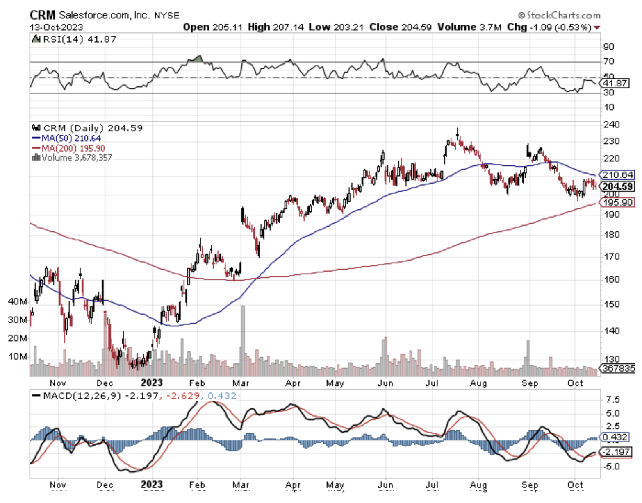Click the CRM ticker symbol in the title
tap(42, 15)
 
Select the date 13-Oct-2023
tap(56, 27)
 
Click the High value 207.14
tap(276, 27)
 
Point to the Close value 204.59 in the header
tap(401, 27)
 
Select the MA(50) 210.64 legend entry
tap(71, 138)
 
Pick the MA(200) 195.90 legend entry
tap(73, 148)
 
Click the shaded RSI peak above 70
tap(198, 59)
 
